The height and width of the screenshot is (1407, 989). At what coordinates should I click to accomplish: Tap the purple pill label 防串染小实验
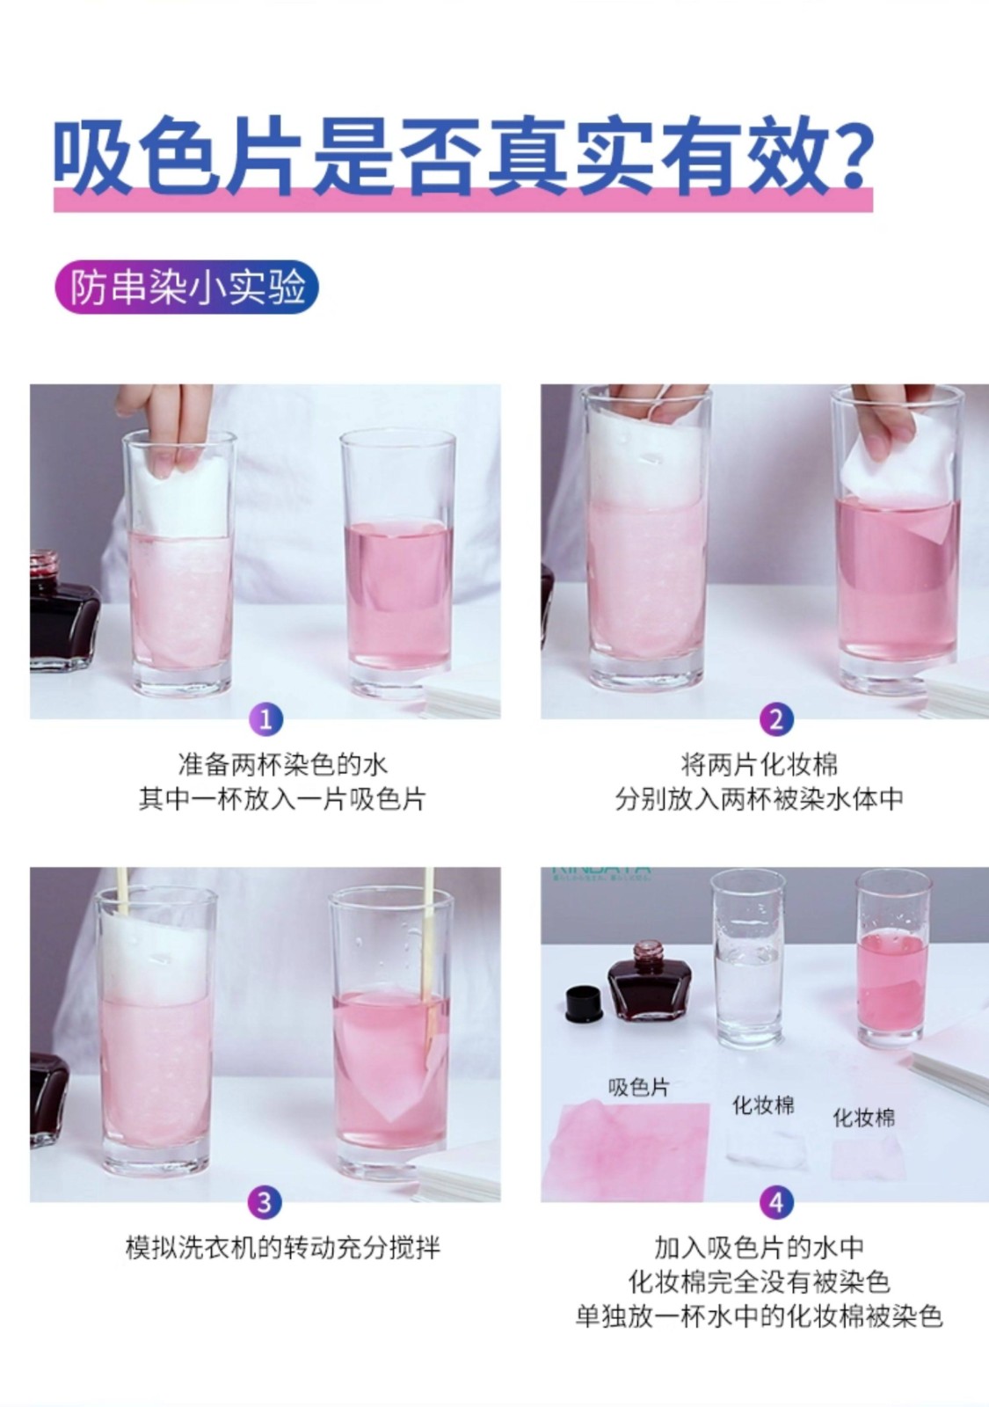click(186, 287)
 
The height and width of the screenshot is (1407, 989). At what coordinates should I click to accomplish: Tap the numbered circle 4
click(776, 1202)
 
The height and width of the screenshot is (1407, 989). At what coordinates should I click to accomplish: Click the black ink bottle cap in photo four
click(584, 1003)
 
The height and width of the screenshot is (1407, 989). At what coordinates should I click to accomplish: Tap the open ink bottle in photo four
click(650, 981)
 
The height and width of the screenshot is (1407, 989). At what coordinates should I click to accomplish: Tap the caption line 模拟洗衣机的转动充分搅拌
click(283, 1248)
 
